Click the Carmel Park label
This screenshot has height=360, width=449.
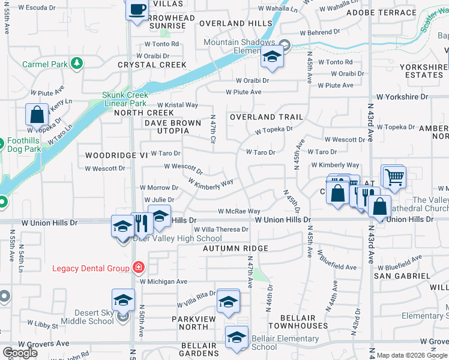pyautogui.click(x=44, y=64)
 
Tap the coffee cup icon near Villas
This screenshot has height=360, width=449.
pyautogui.click(x=137, y=9)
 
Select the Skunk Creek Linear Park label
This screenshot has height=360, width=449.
pyautogui.click(x=124, y=99)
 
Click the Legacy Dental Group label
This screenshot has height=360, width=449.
pyautogui.click(x=91, y=268)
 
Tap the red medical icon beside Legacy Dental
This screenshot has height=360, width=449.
pyautogui.click(x=139, y=267)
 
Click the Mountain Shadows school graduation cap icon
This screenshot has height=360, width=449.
pyautogui.click(x=272, y=57)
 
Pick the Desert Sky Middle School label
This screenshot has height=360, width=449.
pyautogui.click(x=86, y=317)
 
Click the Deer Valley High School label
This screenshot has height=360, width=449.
pyautogui.click(x=177, y=238)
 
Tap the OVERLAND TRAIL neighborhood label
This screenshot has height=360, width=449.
pyautogui.click(x=266, y=117)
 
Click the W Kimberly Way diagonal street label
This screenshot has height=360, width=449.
pyautogui.click(x=210, y=183)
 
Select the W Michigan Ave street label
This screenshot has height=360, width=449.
pyautogui.click(x=164, y=281)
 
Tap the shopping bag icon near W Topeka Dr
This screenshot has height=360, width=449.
pyautogui.click(x=37, y=114)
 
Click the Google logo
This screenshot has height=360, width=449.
pyautogui.click(x=20, y=353)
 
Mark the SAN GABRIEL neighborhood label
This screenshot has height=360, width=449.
pyautogui.click(x=402, y=275)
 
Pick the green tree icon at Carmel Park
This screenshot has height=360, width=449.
pyautogui.click(x=77, y=63)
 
